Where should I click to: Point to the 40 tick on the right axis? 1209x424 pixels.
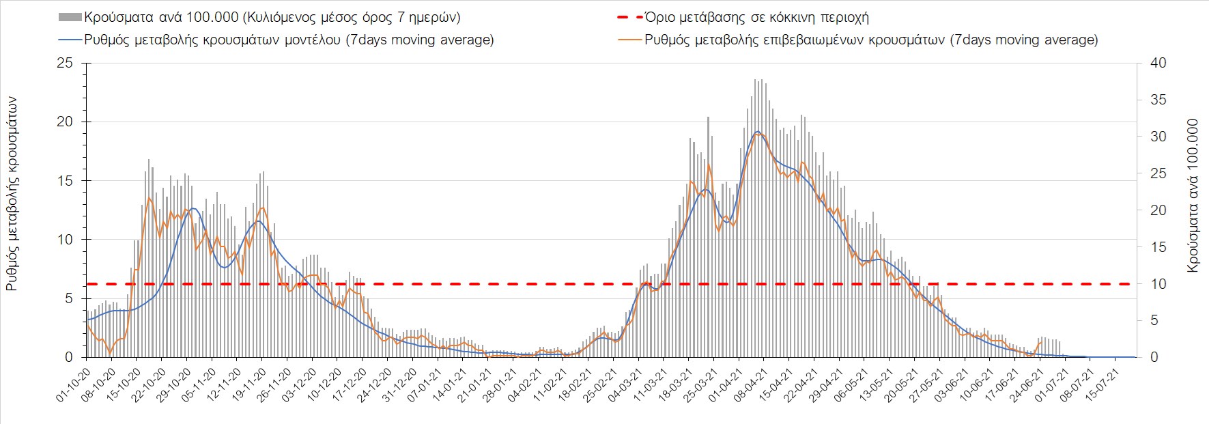coord(1158,63)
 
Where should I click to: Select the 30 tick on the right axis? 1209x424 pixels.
coord(1158,137)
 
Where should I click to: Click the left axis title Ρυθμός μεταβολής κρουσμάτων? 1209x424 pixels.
coord(12,193)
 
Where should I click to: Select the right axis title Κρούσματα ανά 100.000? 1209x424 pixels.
coord(1193,196)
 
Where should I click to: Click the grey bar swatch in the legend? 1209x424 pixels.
coord(70,17)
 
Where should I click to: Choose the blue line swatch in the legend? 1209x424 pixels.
coord(70,40)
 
